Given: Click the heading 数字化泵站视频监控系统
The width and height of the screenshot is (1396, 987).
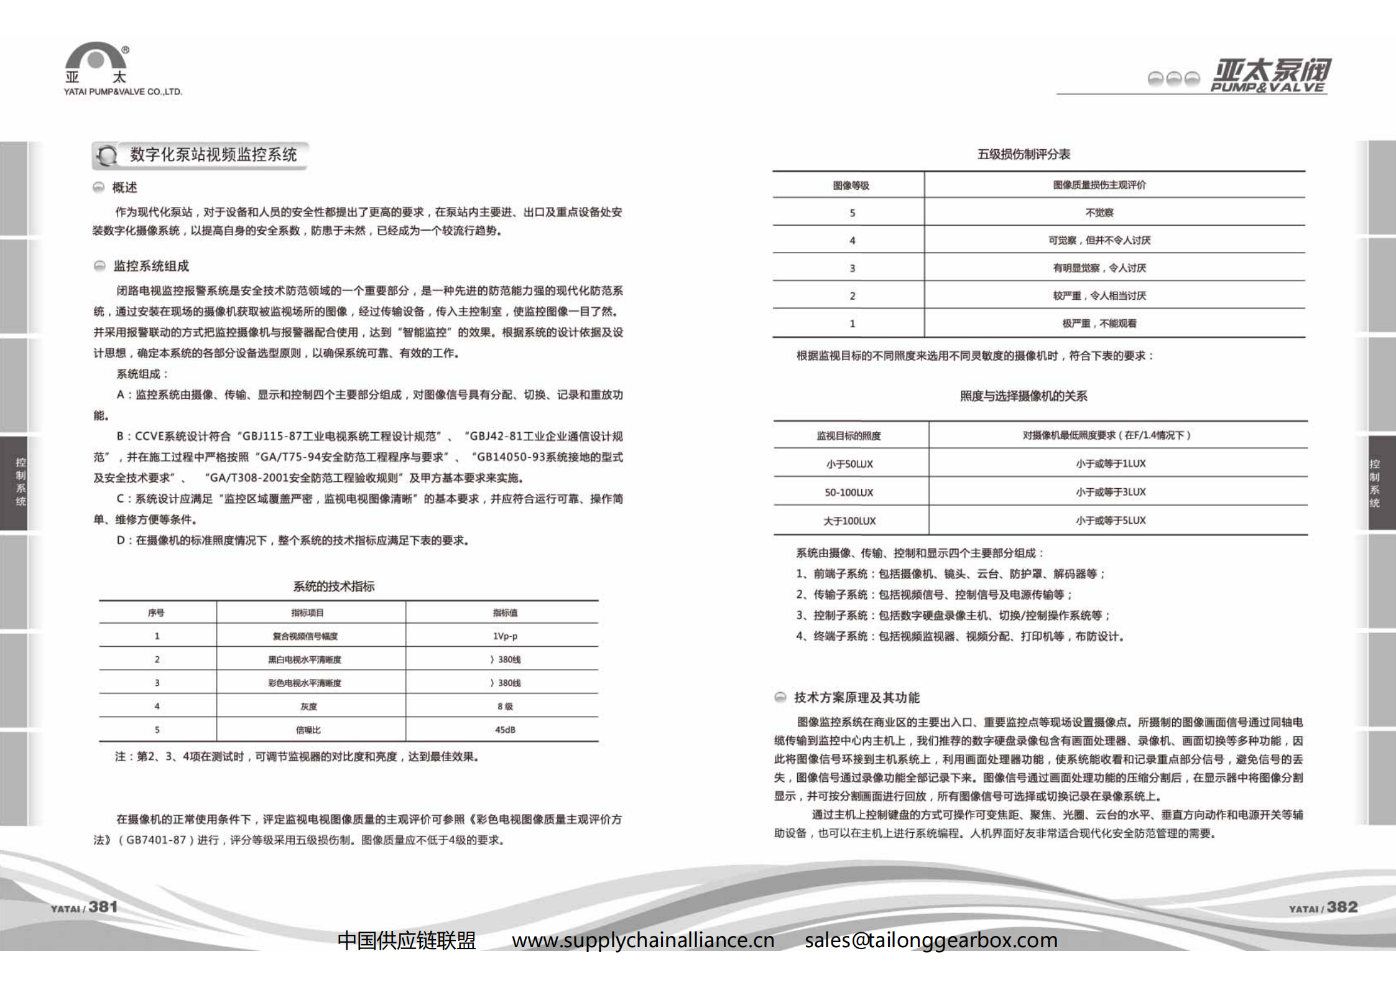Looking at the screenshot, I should click(213, 155).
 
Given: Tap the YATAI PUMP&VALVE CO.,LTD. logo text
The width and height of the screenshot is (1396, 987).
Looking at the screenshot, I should click(122, 92).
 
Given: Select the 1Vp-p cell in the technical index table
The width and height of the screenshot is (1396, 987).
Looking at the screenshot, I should click(505, 636).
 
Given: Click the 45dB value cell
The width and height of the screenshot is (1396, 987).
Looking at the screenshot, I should click(505, 730).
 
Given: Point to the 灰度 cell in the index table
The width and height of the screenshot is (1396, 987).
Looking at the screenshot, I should click(308, 707).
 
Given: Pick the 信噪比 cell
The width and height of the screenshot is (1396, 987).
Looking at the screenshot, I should click(308, 730).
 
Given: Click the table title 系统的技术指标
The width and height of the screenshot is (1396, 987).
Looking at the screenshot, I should click(334, 586).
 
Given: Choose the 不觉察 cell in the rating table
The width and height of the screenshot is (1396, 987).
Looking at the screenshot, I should click(1099, 213).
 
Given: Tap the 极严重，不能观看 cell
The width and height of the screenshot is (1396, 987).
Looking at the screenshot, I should click(1099, 323).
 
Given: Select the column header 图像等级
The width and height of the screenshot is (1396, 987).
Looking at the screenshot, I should click(851, 185).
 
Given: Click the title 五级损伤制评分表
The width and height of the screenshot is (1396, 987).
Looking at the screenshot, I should click(1024, 154).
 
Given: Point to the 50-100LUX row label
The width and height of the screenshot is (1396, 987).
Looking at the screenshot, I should click(849, 493).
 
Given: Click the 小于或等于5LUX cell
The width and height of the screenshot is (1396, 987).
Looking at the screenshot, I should click(1111, 521).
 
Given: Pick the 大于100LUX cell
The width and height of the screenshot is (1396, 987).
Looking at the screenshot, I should click(849, 521).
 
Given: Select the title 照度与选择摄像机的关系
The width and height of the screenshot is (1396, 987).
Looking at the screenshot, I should click(1024, 396).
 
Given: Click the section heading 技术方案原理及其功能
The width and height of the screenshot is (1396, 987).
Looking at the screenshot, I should click(856, 698).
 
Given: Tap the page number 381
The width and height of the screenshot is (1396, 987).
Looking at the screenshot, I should click(103, 907).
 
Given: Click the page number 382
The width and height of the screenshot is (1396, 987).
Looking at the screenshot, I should click(1342, 907).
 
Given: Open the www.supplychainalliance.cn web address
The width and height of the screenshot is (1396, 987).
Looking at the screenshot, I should click(643, 940).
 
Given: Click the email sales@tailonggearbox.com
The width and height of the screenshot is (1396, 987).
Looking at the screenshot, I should click(931, 940).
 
